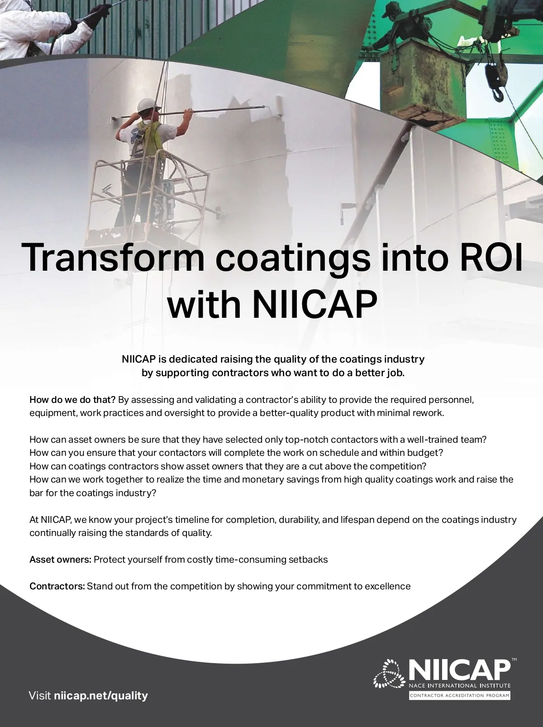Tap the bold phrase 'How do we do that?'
point(72,400)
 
